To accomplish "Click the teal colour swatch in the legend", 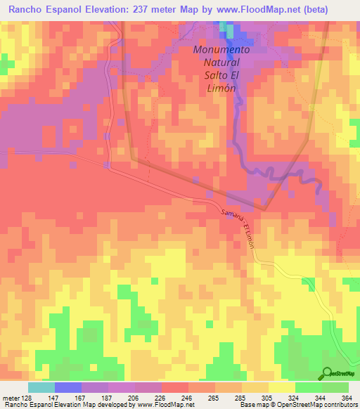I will point(41,387).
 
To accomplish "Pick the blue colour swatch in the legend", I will point(68,387).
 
